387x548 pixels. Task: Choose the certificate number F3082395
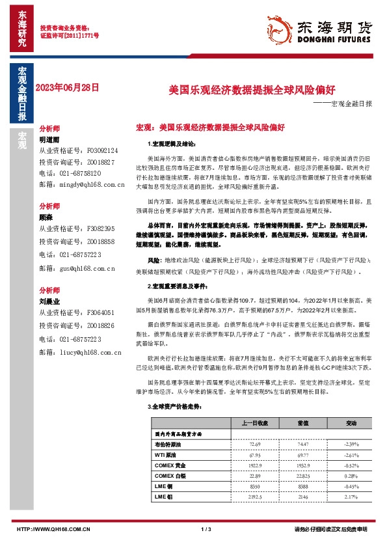[x=100, y=228]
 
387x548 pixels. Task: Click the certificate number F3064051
[x=100, y=312]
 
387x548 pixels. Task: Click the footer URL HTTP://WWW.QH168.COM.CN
[x=53, y=528]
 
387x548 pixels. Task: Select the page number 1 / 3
[x=207, y=528]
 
